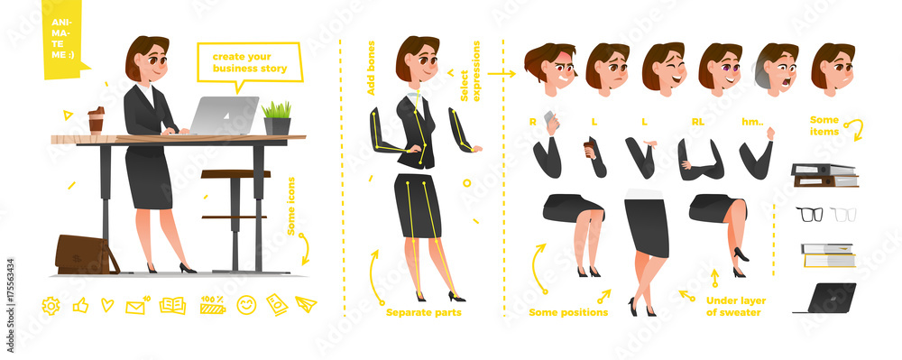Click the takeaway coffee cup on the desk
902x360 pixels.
97,121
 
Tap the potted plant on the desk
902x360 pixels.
277,118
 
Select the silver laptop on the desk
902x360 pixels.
222,115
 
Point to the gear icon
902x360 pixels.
51,305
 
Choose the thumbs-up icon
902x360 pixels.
80,305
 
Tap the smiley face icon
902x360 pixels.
246,305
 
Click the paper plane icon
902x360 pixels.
306,304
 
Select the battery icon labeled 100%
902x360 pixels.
213,305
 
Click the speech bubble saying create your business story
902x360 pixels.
250,64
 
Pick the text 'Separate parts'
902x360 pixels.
423,313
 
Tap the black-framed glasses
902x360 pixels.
809,214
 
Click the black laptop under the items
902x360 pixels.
828,299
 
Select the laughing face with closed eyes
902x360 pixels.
665,68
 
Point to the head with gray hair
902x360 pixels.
776,69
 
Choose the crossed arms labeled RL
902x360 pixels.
701,161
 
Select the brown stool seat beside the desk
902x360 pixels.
235,173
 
